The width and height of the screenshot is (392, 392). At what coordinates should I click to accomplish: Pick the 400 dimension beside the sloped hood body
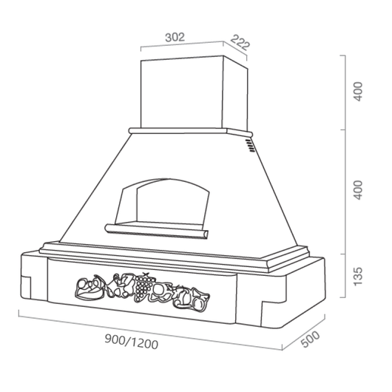tap(358, 191)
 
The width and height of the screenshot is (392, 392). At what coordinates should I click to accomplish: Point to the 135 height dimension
tap(358, 275)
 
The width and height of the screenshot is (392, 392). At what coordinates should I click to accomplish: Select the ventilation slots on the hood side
tap(251, 146)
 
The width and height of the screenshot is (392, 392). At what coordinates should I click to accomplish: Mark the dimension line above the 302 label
tap(182, 45)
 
